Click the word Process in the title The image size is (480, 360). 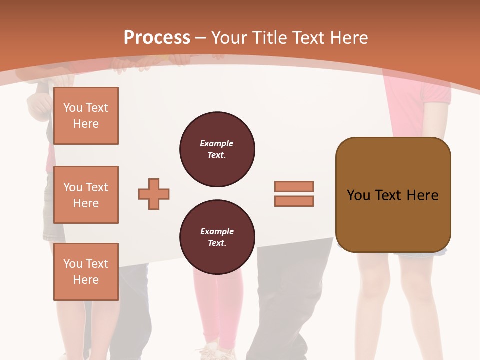pyautogui.click(x=157, y=37)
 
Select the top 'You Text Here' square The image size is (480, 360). pyautogui.click(x=86, y=116)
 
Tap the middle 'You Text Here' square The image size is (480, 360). pyautogui.click(x=86, y=195)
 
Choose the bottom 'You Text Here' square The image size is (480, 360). pyautogui.click(x=86, y=271)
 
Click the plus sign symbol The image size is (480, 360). pyautogui.click(x=154, y=194)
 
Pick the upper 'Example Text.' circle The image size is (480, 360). pyautogui.click(x=217, y=149)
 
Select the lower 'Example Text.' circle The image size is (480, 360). pyautogui.click(x=217, y=237)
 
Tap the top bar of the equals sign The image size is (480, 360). pyautogui.click(x=294, y=186)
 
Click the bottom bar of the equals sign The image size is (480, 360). pyautogui.click(x=294, y=201)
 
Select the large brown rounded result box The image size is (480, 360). pyautogui.click(x=393, y=220)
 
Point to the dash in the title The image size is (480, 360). pyautogui.click(x=201, y=38)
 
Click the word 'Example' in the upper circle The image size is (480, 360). pyautogui.click(x=216, y=143)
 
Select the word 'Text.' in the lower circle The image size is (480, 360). pyautogui.click(x=217, y=243)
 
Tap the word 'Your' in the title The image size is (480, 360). pyautogui.click(x=229, y=37)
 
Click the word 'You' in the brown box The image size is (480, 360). pyautogui.click(x=358, y=195)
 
